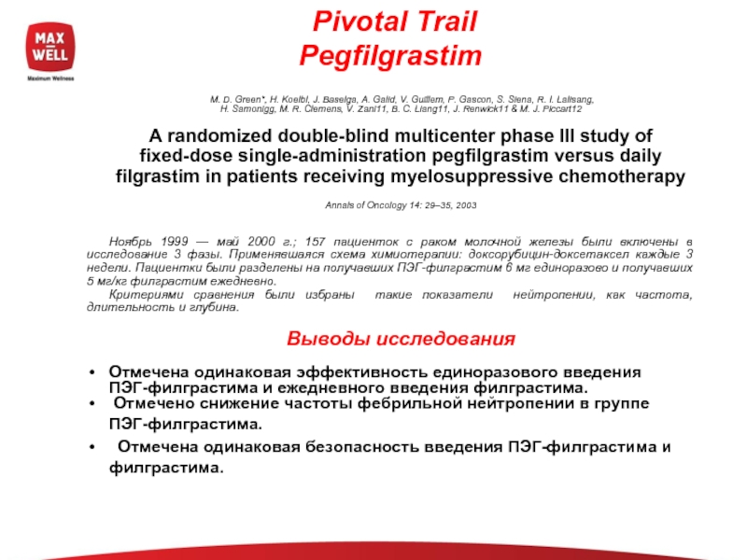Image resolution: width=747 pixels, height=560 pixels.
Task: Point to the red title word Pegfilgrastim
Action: pos(390,57)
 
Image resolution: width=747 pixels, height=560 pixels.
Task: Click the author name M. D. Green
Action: pos(233,99)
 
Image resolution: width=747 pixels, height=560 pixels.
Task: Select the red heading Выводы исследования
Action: pos(400,337)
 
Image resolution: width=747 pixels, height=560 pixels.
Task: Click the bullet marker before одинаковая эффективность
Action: pos(91,372)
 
